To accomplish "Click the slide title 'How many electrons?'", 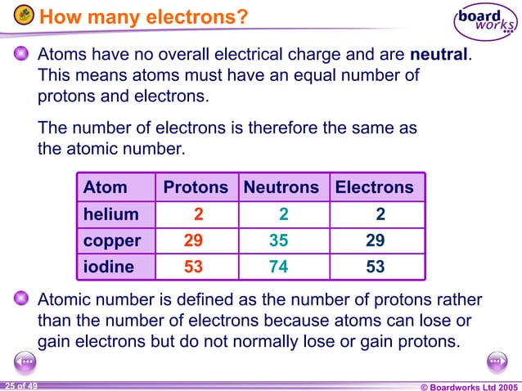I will pyautogui.click(x=143, y=16).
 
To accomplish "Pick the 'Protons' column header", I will pyautogui.click(x=196, y=187).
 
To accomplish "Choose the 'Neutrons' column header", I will pyautogui.click(x=281, y=187).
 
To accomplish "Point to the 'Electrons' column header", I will pyautogui.click(x=375, y=187).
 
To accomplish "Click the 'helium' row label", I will pyautogui.click(x=110, y=214).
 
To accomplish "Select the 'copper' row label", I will pyautogui.click(x=112, y=241).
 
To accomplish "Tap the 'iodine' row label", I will pyautogui.click(x=109, y=267).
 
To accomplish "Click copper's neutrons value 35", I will pyautogui.click(x=279, y=241).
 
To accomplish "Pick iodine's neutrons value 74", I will pyautogui.click(x=279, y=267).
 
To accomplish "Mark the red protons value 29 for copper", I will pyautogui.click(x=194, y=241).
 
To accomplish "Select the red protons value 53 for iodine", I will pyautogui.click(x=194, y=267).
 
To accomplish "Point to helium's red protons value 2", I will pyautogui.click(x=198, y=214).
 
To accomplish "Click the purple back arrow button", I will pyautogui.click(x=25, y=362).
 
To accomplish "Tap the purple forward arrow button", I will pyautogui.click(x=497, y=362).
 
